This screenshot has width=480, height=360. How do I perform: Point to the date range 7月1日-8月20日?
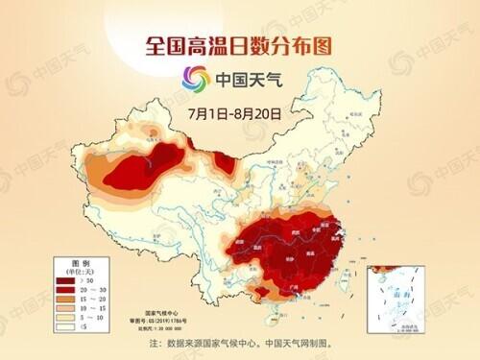click(233, 111)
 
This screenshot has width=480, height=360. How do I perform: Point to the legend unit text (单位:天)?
click(81, 270)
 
